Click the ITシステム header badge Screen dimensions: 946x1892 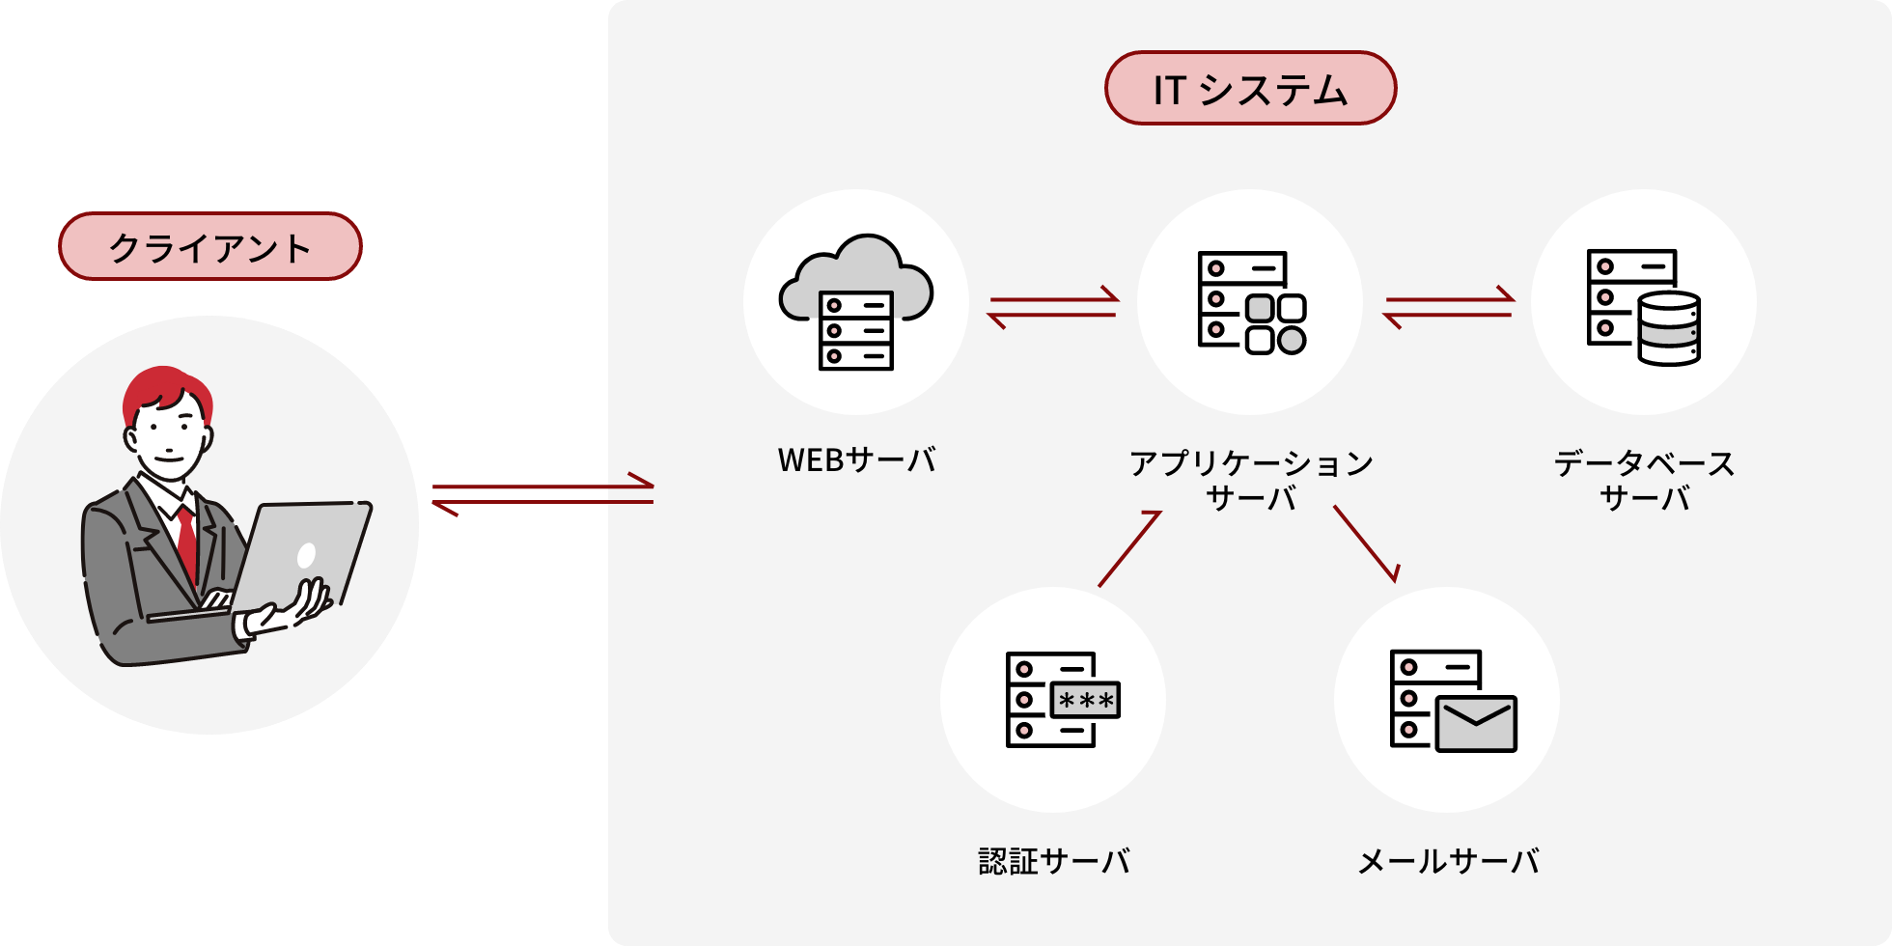pos(1250,89)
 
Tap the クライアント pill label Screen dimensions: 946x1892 pos(209,247)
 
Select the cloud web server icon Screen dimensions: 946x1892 pos(855,301)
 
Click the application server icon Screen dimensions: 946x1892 pos(1251,302)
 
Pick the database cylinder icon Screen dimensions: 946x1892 pos(1669,328)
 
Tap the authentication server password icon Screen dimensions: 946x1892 pos(1085,700)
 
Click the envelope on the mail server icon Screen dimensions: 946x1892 pos(1476,724)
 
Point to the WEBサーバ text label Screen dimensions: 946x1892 pos(856,460)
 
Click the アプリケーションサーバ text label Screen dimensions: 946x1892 pos(1251,480)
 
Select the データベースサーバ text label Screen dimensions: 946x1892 pos(1644,480)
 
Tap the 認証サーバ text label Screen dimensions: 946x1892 pos(1053,861)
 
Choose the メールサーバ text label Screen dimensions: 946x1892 pos(1447,861)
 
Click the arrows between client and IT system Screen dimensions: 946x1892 pos(543,494)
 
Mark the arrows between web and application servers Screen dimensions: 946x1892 pos(1053,307)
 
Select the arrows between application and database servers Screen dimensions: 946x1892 pos(1448,307)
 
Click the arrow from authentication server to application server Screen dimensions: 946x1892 pos(1128,549)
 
